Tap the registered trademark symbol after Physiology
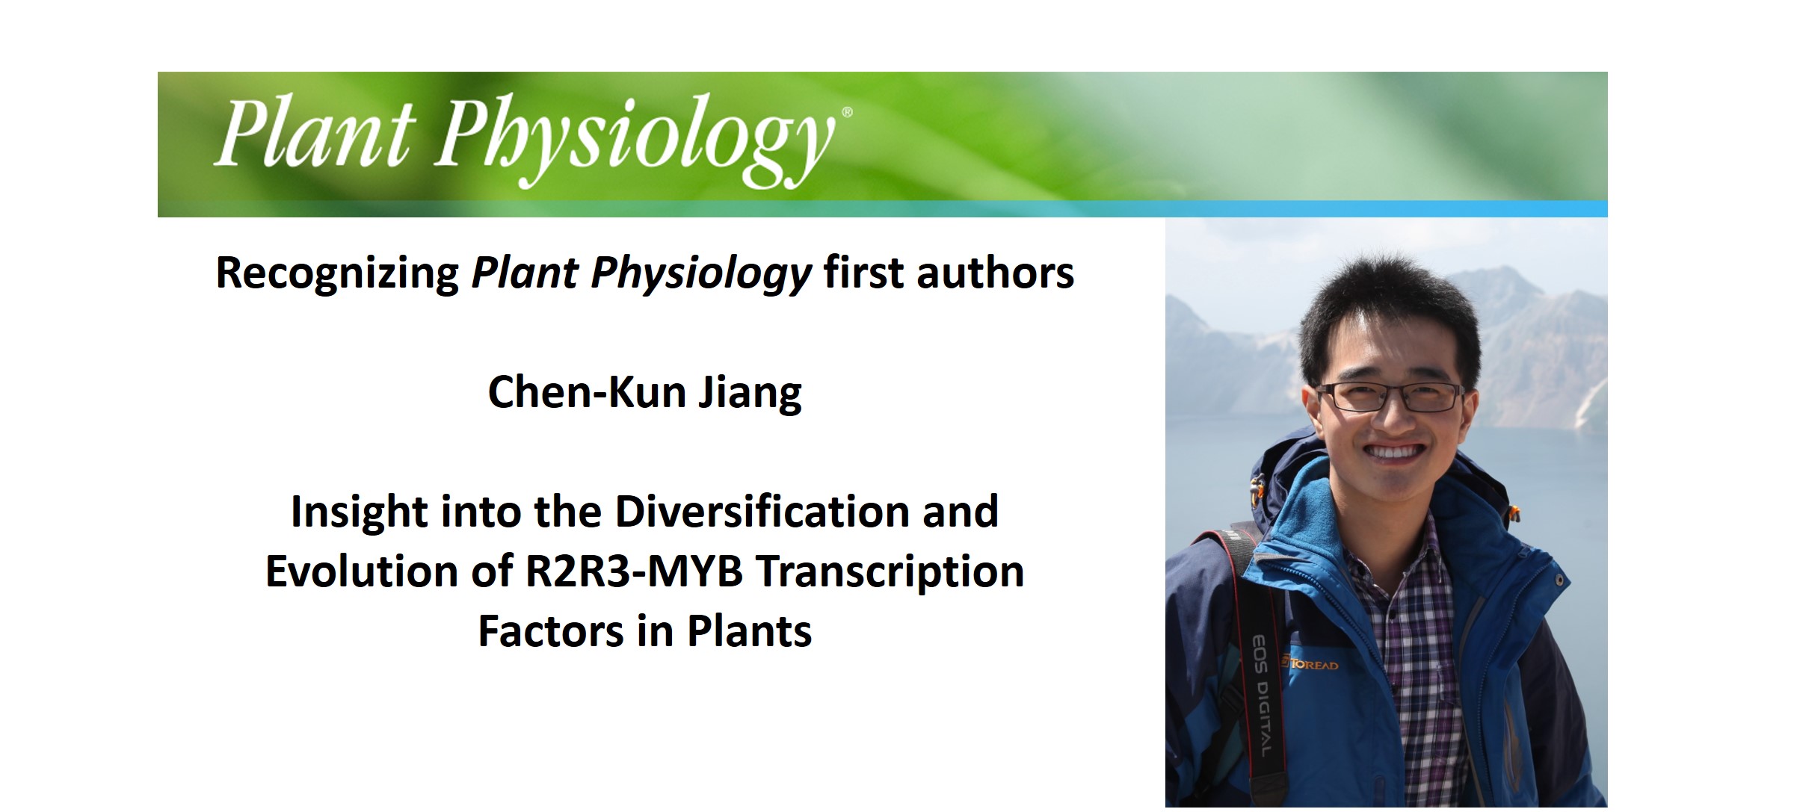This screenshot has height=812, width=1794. point(847,113)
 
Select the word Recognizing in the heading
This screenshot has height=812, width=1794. point(337,273)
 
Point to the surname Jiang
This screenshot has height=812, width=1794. point(750,393)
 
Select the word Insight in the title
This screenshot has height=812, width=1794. point(359,512)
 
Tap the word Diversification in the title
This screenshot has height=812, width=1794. point(762,512)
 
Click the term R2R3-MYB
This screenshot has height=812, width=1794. point(634,572)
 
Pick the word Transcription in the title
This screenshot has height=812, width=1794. point(890,572)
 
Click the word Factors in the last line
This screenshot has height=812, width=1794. point(550,632)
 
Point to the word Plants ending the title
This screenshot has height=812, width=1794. point(749,632)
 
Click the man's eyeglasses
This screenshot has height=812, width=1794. point(1390,397)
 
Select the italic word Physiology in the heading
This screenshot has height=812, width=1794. point(701,273)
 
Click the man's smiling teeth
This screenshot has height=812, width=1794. point(1392,451)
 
